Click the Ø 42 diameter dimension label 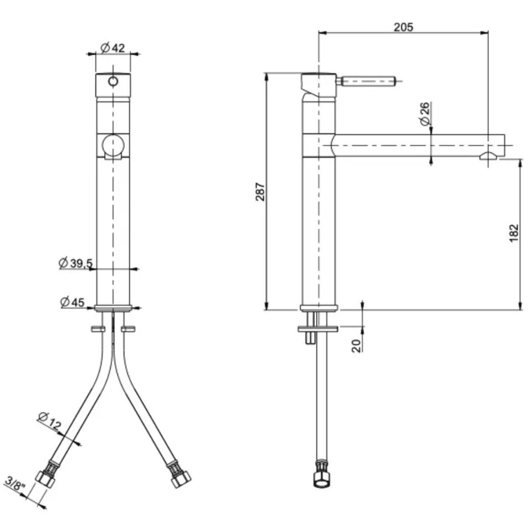pyautogui.click(x=112, y=48)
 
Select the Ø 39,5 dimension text pyautogui.click(x=75, y=262)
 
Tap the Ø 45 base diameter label pyautogui.click(x=72, y=302)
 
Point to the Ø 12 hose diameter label pyautogui.click(x=49, y=421)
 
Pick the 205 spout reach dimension pyautogui.click(x=403, y=27)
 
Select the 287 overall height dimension pyautogui.click(x=260, y=192)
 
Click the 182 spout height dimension pyautogui.click(x=514, y=233)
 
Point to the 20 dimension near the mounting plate pyautogui.click(x=356, y=346)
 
